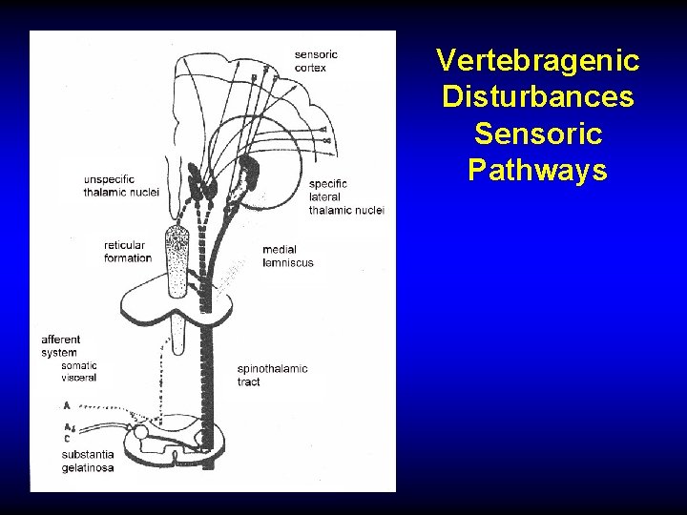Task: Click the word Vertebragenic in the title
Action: click(537, 61)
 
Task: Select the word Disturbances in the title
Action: click(537, 97)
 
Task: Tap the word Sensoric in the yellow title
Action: click(537, 134)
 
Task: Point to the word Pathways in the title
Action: click(537, 170)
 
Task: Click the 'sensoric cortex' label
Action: click(316, 61)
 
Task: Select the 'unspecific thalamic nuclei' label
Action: click(122, 186)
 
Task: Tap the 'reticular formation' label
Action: click(128, 252)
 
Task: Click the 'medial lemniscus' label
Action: click(287, 257)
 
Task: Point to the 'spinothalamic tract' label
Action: click(272, 375)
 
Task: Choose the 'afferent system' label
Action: click(60, 346)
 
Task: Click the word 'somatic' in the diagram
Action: click(78, 365)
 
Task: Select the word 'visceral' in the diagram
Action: click(78, 377)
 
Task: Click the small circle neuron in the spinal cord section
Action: click(141, 431)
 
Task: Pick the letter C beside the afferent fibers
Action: click(67, 438)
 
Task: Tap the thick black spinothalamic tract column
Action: click(203, 362)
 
